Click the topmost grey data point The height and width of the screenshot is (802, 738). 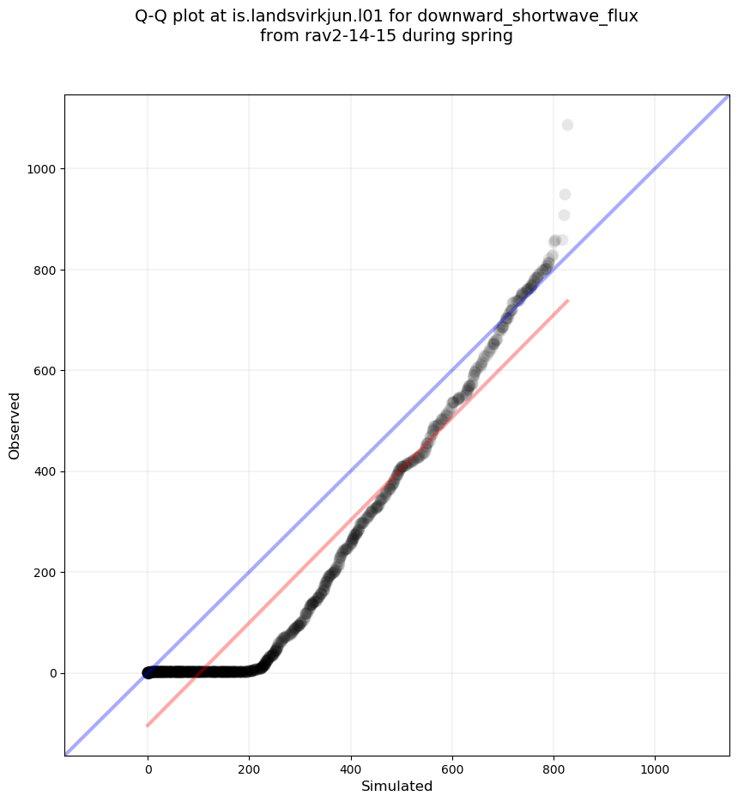567,125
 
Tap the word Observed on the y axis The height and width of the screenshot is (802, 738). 15,425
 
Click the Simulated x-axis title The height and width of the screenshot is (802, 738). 396,786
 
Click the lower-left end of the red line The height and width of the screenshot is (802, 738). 148,726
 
